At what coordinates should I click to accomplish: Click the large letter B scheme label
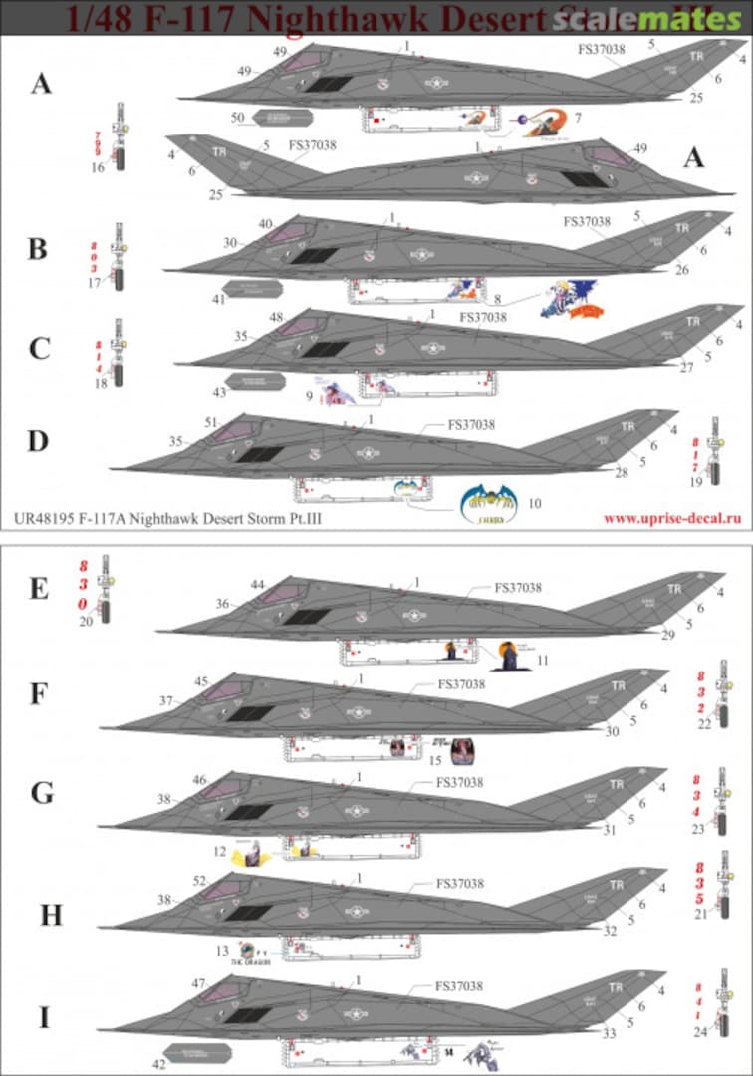37,248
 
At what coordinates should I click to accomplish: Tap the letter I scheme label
42,1018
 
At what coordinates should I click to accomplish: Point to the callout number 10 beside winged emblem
535,503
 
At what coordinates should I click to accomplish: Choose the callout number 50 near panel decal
237,118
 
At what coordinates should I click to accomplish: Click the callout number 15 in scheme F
434,760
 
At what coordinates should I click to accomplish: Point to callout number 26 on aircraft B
681,269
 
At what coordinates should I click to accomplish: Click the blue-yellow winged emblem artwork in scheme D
489,503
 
